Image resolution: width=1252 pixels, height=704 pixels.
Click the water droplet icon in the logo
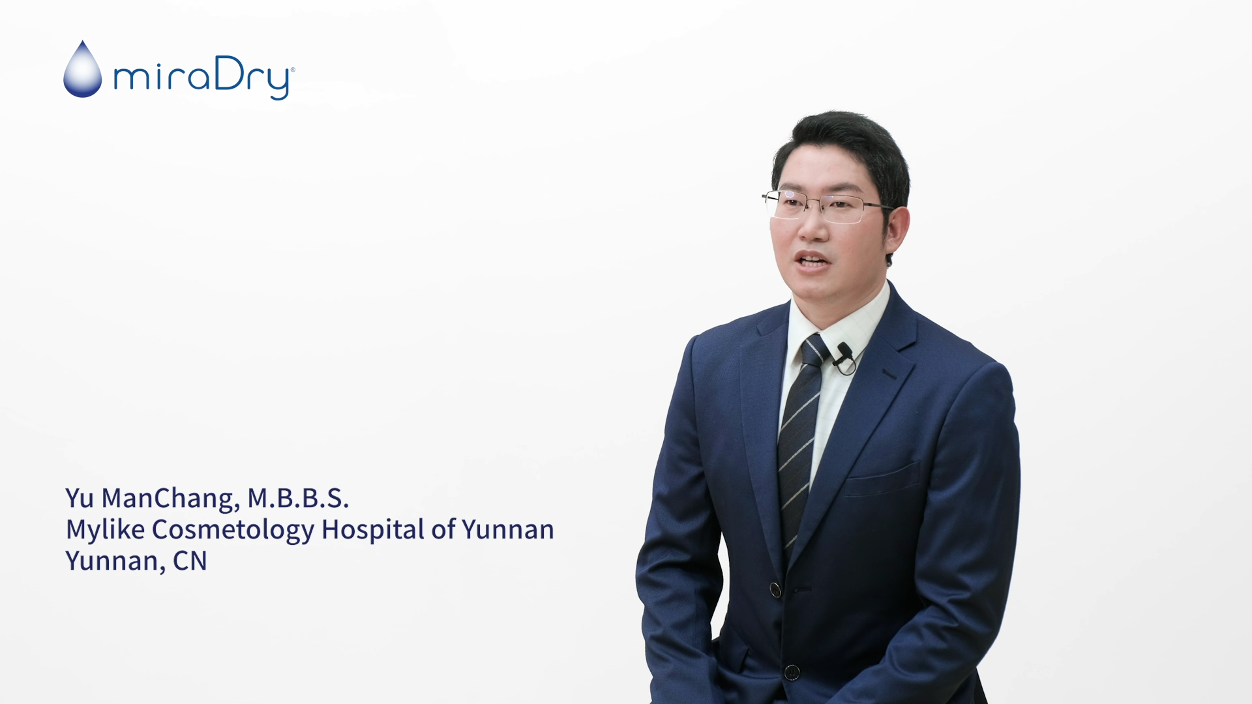83,70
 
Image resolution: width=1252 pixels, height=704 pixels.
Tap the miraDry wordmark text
204,78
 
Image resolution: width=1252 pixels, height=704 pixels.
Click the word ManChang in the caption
171,499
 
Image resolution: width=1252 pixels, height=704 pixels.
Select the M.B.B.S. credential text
298,498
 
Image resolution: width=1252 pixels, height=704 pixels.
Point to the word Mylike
105,529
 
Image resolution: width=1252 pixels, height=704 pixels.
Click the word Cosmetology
233,529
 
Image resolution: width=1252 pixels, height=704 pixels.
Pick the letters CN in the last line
190,561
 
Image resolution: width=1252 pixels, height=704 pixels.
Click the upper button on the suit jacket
775,590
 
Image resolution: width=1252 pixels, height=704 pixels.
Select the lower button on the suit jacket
792,672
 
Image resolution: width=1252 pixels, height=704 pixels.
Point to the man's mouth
812,261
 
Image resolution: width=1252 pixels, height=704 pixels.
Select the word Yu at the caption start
80,498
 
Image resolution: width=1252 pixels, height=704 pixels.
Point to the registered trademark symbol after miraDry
292,69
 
